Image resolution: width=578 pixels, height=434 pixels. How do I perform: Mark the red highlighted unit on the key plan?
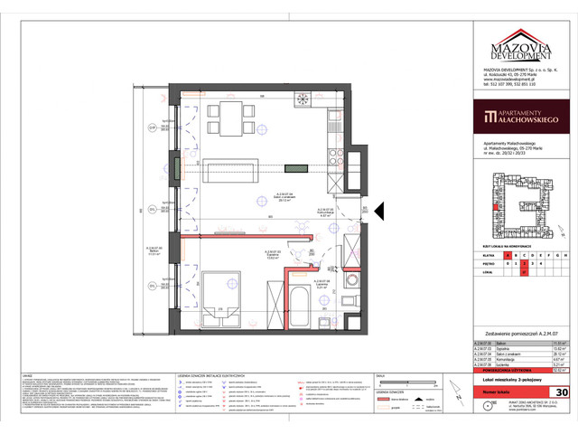496,207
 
